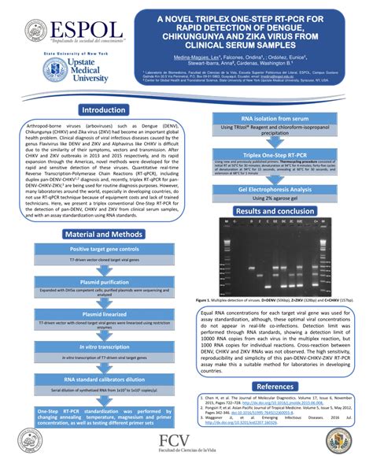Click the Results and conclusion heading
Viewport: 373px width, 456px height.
(x=275, y=212)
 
